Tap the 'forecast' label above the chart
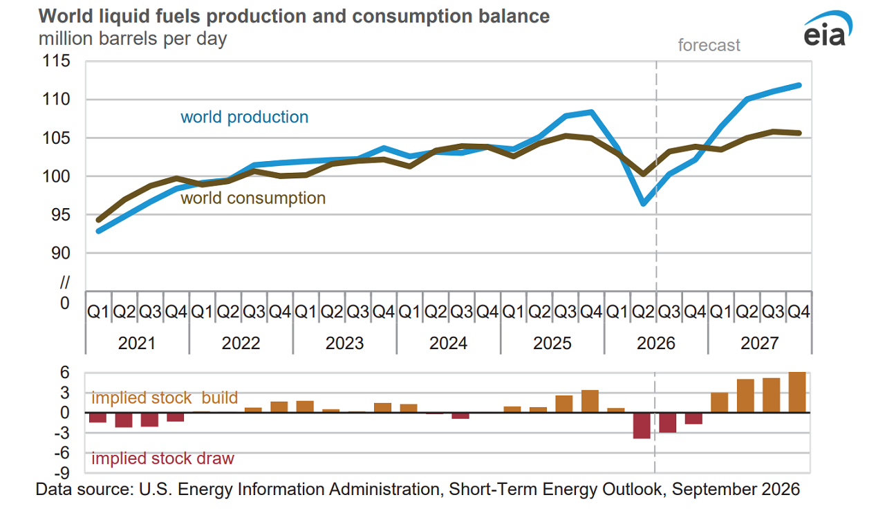pos(709,45)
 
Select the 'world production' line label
pos(244,117)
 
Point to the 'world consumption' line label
pos(253,198)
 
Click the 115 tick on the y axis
pos(56,61)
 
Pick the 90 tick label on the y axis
pos(60,253)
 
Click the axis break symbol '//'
pos(65,282)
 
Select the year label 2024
pos(448,343)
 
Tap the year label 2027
pos(759,343)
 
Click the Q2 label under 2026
pos(643,312)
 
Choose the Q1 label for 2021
pos(97,312)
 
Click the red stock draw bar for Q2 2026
pos(642,426)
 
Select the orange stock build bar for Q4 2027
pos(797,392)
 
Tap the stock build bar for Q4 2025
pos(590,401)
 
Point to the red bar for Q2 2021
pos(124,420)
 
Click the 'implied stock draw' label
pos(162,458)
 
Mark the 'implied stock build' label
pos(165,398)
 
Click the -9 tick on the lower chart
pos(62,473)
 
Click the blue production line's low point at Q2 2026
pos(644,203)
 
